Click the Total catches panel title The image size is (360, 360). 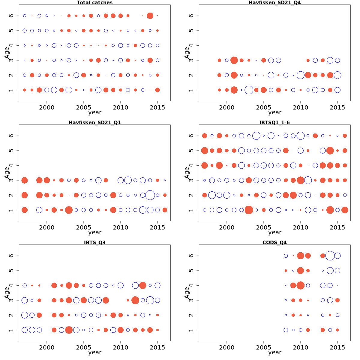(95, 3)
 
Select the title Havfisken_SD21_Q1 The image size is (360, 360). (95, 122)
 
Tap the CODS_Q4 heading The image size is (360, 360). (274, 242)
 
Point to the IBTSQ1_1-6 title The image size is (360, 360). (274, 122)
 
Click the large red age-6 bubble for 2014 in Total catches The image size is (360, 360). (150, 16)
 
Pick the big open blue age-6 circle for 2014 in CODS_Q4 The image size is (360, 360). (330, 256)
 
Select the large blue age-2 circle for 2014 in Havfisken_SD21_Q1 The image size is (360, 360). (150, 195)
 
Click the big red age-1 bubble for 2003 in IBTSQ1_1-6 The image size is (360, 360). (249, 210)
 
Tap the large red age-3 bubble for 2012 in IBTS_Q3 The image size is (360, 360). (135, 300)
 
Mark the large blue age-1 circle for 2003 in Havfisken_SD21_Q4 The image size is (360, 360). (249, 90)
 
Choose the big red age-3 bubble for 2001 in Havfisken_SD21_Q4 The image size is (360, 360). (234, 60)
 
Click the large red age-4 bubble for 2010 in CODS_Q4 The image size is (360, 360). (300, 285)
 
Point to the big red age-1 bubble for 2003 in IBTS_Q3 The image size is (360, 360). (69, 330)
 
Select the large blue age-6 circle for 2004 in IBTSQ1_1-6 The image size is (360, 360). (256, 136)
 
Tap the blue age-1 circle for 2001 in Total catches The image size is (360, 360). (54, 90)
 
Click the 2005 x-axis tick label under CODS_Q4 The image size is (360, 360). (264, 347)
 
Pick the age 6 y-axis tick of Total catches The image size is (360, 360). (11, 16)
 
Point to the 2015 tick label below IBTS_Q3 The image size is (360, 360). (157, 347)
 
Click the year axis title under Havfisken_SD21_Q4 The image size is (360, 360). (274, 112)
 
